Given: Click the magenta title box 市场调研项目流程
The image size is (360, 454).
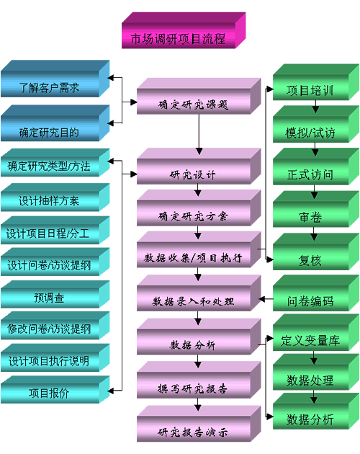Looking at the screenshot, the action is [x=184, y=30].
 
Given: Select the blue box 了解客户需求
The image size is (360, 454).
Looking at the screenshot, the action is [x=55, y=79].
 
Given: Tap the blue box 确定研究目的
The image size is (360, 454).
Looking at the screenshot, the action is [x=55, y=123].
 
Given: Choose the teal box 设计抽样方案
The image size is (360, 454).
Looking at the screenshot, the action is [x=55, y=197].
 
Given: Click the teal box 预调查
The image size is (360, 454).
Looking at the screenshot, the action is [x=55, y=294].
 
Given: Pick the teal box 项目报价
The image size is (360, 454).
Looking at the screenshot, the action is [x=55, y=389].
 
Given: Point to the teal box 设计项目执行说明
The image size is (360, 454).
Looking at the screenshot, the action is [x=55, y=357].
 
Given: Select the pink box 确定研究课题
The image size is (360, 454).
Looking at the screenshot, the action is [x=199, y=96].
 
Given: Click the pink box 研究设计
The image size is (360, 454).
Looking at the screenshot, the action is [x=199, y=166].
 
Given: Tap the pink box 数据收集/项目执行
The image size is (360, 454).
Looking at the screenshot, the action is [x=199, y=249].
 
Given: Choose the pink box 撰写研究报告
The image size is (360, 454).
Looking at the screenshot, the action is [x=199, y=380].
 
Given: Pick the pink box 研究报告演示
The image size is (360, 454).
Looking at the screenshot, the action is [x=199, y=424].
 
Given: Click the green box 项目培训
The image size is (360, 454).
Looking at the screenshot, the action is [x=316, y=82].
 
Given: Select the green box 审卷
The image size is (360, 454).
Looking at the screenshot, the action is [x=316, y=209].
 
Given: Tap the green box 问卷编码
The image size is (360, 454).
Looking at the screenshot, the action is [x=316, y=293].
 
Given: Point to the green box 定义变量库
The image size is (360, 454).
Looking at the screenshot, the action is [x=316, y=333].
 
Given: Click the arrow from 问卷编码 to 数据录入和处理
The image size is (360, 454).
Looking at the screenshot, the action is [x=266, y=299].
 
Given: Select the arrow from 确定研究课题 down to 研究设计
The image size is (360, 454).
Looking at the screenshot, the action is [x=199, y=135].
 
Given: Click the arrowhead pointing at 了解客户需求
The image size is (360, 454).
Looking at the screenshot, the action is [x=111, y=78].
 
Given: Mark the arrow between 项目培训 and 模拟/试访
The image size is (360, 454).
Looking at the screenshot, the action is [x=316, y=106].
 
